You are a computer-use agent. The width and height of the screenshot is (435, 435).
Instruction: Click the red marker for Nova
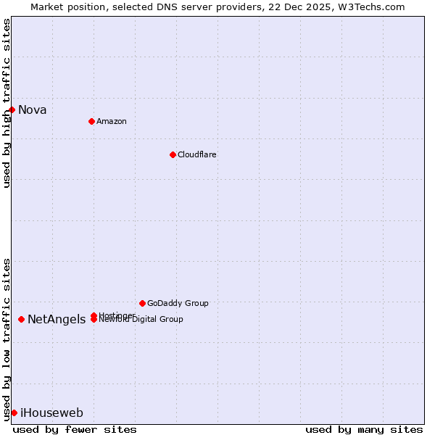click(x=12, y=109)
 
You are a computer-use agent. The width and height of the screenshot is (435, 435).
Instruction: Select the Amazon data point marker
click(x=91, y=121)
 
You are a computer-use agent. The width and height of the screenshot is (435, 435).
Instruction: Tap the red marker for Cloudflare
click(x=173, y=154)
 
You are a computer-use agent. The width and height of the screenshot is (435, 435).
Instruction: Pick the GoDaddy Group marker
click(x=142, y=303)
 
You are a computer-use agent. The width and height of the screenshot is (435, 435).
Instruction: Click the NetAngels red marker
click(x=21, y=319)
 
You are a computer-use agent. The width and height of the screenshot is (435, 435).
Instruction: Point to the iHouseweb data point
click(x=14, y=413)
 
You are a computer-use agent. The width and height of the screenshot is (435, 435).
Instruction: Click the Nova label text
click(x=33, y=110)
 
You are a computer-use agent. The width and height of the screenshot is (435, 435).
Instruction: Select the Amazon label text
click(x=112, y=121)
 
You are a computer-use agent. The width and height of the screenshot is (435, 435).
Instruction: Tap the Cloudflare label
click(x=197, y=154)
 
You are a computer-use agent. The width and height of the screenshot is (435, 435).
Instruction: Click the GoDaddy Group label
click(x=178, y=303)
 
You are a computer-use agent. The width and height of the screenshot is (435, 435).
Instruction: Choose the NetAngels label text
click(x=57, y=320)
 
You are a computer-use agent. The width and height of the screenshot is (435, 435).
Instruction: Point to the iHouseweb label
click(x=51, y=413)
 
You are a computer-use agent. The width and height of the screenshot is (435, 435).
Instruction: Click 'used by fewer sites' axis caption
click(x=75, y=429)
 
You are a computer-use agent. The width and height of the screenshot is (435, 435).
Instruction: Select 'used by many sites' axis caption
click(x=364, y=429)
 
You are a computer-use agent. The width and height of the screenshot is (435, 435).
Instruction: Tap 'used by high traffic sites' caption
click(x=7, y=103)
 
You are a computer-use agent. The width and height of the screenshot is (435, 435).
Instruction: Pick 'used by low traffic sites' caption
click(x=7, y=339)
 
